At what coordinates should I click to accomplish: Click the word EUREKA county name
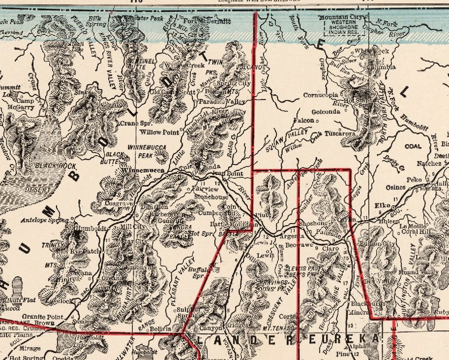[x=342, y=340]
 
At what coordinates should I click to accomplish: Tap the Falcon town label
[x=304, y=121]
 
